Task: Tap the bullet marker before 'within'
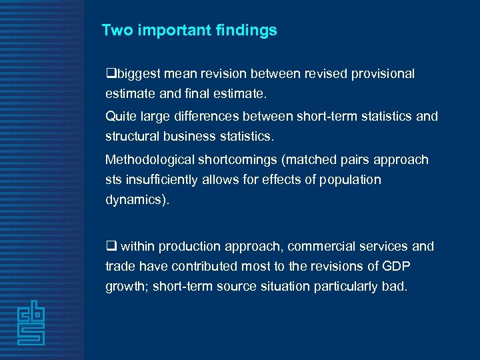pos(111,247)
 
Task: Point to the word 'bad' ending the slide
pos(393,286)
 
